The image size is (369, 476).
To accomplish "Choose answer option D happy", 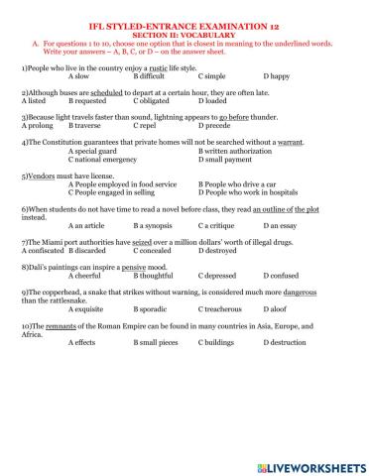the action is click(279, 75).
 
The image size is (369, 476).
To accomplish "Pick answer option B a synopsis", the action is click(154, 226).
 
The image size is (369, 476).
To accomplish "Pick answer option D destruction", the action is click(288, 343).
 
